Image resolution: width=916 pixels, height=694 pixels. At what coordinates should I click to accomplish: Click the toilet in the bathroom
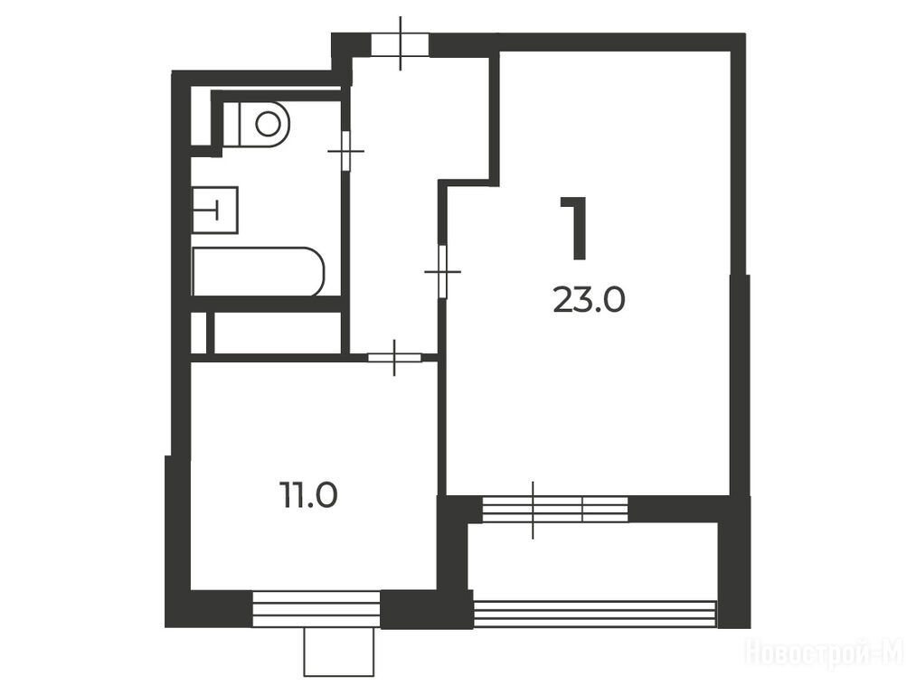coord(257,124)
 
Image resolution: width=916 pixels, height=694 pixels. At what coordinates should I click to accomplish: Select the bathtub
coord(259,271)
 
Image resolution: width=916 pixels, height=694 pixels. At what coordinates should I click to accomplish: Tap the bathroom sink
coord(215,210)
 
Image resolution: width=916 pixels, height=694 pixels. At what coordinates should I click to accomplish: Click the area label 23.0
coord(589,300)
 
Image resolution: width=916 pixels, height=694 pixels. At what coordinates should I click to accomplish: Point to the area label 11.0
coord(308,495)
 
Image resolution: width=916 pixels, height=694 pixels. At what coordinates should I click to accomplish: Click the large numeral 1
coord(573,228)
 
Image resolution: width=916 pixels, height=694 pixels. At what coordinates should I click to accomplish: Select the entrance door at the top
coord(401,43)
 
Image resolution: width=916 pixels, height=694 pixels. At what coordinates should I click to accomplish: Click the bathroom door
coord(345,151)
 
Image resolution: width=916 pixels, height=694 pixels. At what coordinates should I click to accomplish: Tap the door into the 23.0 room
coord(443,272)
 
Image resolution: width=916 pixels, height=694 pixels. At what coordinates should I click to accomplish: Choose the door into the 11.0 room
coord(394,357)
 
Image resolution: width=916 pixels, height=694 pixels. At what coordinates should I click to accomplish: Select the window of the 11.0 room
coord(316,609)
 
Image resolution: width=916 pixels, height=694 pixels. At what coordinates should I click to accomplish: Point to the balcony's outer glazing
coord(595,614)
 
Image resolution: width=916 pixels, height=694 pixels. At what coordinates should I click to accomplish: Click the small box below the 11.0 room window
coord(339,652)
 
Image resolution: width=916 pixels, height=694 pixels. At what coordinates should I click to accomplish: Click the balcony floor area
coord(593,561)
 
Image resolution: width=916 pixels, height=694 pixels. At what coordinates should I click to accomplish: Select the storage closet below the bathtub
coord(278,333)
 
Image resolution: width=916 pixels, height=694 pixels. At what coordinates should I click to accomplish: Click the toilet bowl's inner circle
coord(268,124)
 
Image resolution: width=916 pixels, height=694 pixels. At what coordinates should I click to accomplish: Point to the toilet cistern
coord(231,124)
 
